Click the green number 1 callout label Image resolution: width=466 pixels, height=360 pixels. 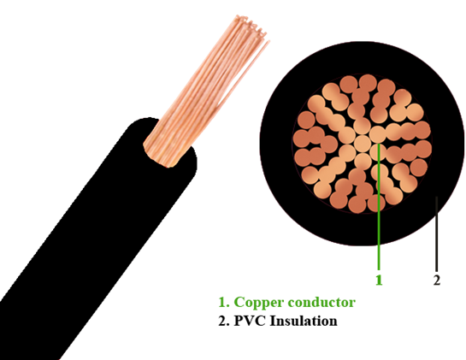click(379, 280)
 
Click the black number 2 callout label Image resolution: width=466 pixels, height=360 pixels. click(437, 280)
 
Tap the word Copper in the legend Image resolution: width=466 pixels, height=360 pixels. click(258, 303)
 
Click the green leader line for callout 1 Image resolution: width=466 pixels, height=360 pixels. click(379, 207)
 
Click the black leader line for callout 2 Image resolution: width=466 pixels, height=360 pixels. click(436, 233)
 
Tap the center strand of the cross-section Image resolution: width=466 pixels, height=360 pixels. click(362, 144)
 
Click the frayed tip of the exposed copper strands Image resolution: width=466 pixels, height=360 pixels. click(251, 27)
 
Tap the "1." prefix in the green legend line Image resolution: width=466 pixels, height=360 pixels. click(224, 303)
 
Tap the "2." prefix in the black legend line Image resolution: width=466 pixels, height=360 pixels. click(224, 321)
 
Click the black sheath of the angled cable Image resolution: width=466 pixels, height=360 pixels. click(98, 238)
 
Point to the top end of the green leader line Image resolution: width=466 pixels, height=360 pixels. click(379, 144)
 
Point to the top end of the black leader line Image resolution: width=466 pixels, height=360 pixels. click(436, 197)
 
